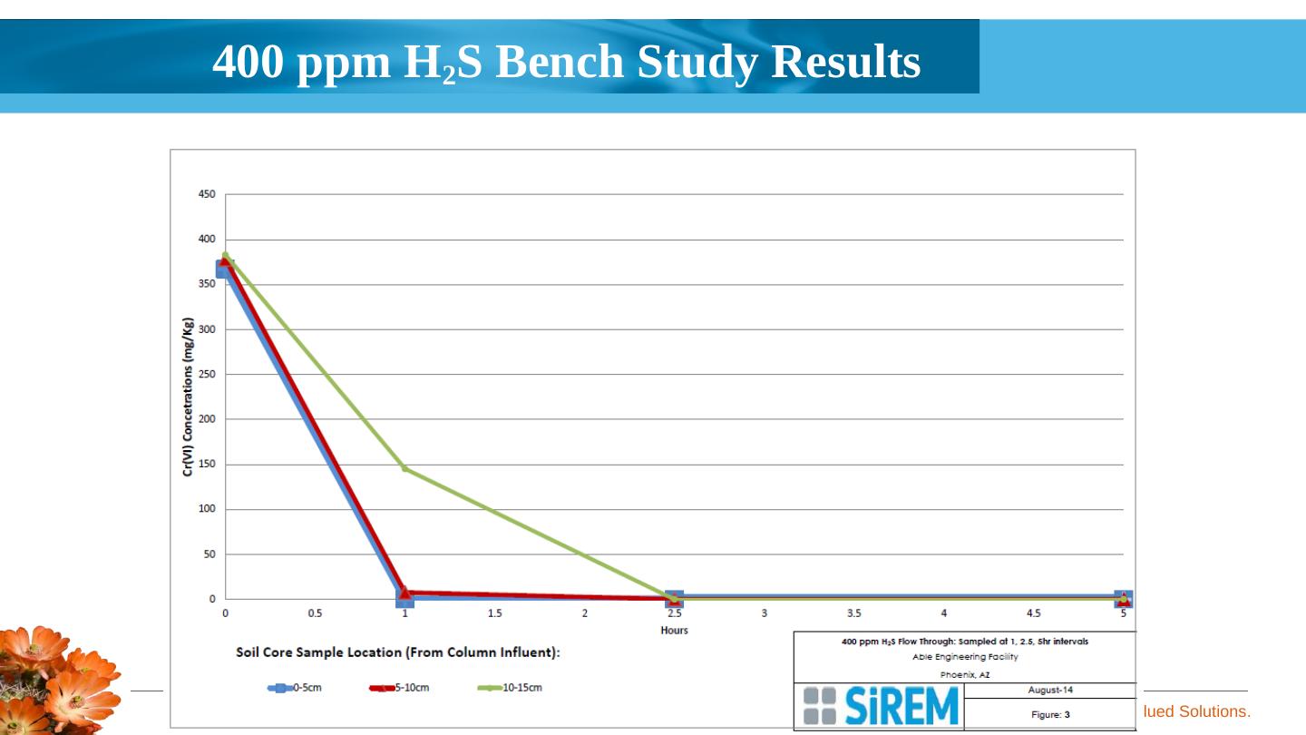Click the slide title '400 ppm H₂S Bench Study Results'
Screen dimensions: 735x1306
pos(566,63)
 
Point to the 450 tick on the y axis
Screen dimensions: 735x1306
pos(207,194)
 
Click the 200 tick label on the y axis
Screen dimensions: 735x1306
pos(207,419)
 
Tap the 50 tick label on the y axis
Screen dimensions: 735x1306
pos(209,554)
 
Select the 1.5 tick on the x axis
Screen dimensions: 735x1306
pos(494,613)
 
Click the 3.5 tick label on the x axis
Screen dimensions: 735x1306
pos(853,613)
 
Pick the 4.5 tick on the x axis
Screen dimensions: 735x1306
pos(1033,613)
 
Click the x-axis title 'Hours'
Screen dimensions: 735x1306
pos(674,631)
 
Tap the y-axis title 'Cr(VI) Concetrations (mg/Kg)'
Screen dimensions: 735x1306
pos(188,397)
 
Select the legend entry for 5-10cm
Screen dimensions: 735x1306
pos(400,688)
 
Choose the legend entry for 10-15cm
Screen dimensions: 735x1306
pos(510,688)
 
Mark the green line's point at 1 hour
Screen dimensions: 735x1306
pos(404,468)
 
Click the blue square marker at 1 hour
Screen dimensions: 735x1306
pos(404,598)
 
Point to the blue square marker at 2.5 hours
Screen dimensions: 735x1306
pos(674,599)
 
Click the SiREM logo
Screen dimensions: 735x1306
pos(881,706)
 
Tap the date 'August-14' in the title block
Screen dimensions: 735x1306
pos(1049,691)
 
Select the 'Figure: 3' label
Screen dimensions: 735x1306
pos(1049,715)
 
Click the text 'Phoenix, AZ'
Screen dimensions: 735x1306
pos(964,674)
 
